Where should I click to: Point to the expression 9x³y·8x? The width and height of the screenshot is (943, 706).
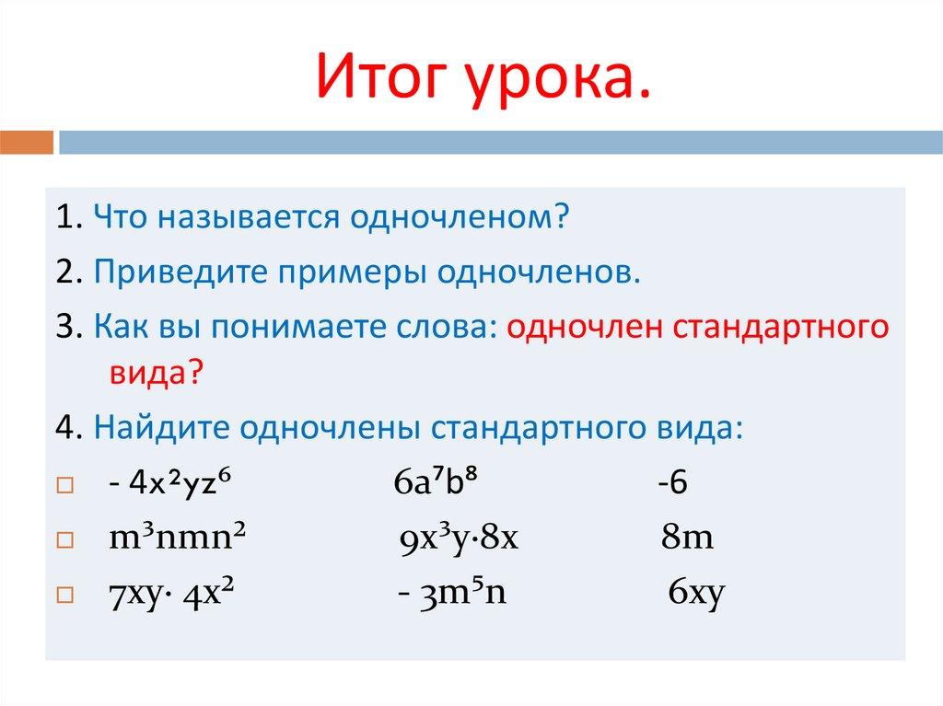[x=461, y=538]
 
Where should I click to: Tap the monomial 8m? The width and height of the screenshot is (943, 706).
[x=687, y=538]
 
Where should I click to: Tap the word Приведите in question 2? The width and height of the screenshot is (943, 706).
[x=166, y=273]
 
